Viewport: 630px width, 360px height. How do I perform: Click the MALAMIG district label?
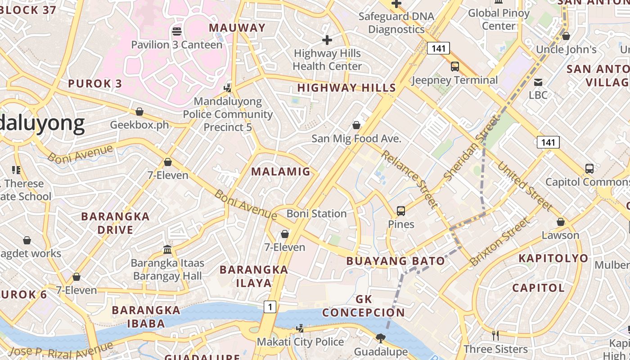281,171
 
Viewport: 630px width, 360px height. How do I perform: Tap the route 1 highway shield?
270,307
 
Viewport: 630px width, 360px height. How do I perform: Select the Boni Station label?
316,213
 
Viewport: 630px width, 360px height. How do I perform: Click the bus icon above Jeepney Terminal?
455,67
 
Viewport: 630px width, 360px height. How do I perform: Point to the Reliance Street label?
409,180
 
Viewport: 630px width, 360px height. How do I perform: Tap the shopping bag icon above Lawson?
561,222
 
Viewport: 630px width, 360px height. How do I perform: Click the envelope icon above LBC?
538,82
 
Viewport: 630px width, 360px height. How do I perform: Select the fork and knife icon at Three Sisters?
495,335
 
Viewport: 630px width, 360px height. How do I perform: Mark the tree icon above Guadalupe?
381,337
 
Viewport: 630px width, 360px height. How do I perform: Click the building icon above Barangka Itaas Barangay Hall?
167,249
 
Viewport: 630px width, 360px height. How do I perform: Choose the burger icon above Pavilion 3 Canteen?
177,31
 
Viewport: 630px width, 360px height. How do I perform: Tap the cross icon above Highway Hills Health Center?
327,40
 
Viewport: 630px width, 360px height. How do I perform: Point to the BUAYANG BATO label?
396,261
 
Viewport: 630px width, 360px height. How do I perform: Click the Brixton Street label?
499,242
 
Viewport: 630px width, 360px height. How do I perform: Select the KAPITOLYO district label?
553,258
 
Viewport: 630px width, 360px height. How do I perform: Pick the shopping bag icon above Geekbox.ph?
139,112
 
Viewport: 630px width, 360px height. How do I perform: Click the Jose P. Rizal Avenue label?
61,349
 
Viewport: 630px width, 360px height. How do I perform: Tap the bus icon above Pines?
401,211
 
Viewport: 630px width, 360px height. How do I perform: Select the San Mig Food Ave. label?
356,139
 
